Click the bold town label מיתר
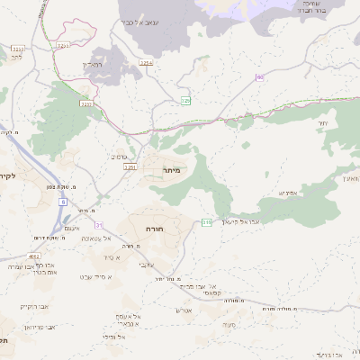[x=173, y=168]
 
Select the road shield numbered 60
[x=259, y=77]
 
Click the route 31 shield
[x=99, y=224]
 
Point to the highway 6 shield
[x=64, y=202]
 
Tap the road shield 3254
[x=146, y=62]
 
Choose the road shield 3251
[x=129, y=167]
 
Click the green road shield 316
[x=207, y=221]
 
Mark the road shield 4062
[x=33, y=256]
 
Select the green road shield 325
[x=185, y=99]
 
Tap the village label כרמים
[x=119, y=157]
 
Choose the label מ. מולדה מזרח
[x=280, y=308]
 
